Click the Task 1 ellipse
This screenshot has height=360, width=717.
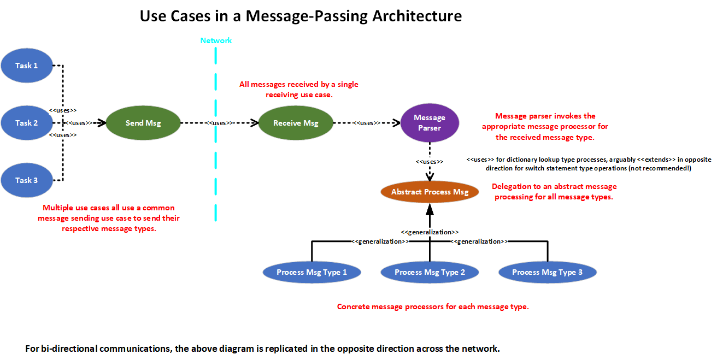pyautogui.click(x=27, y=66)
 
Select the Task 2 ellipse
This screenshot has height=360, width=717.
pyautogui.click(x=27, y=123)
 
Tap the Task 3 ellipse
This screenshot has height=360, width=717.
pyautogui.click(x=27, y=180)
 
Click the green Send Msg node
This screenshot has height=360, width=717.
pyautogui.click(x=143, y=123)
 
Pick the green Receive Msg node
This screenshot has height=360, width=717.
pyautogui.click(x=296, y=123)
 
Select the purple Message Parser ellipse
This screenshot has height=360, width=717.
pyautogui.click(x=430, y=123)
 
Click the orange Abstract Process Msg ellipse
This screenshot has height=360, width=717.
pyautogui.click(x=430, y=192)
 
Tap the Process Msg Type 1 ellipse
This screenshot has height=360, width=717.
pyautogui.click(x=312, y=272)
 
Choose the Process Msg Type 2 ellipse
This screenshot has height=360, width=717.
pyautogui.click(x=430, y=272)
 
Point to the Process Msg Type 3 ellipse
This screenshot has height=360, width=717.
pyautogui.click(x=547, y=272)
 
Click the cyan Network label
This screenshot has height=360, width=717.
pyautogui.click(x=216, y=41)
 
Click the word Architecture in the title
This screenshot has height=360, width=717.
pyautogui.click(x=417, y=16)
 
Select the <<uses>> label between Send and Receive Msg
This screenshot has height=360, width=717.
pyautogui.click(x=220, y=123)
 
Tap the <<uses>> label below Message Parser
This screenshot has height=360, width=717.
pyautogui.click(x=430, y=162)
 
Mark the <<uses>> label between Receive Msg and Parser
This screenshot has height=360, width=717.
pyautogui.click(x=367, y=123)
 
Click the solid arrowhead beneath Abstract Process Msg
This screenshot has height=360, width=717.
pyautogui.click(x=430, y=208)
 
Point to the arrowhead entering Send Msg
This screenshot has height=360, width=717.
pyautogui.click(x=101, y=123)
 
